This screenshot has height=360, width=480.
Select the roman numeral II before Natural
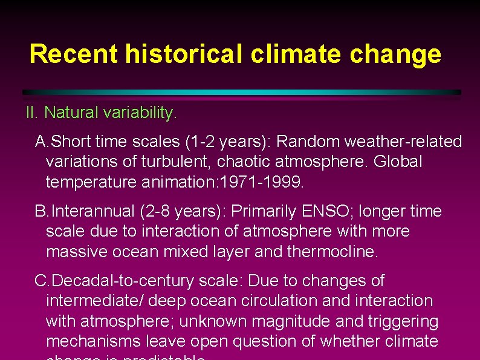(x=31, y=113)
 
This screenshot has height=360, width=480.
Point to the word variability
(x=143, y=113)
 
